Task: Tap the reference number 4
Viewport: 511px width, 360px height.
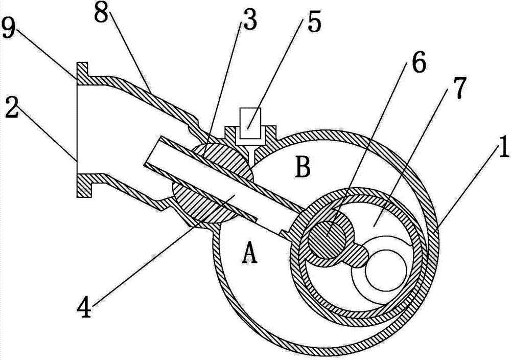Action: (x=84, y=307)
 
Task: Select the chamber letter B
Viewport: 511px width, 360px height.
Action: (x=303, y=167)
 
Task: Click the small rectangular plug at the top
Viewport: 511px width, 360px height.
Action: (x=250, y=123)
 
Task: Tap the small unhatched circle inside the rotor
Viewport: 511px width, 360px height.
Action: (x=386, y=269)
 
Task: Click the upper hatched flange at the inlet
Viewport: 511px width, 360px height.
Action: (x=82, y=74)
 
